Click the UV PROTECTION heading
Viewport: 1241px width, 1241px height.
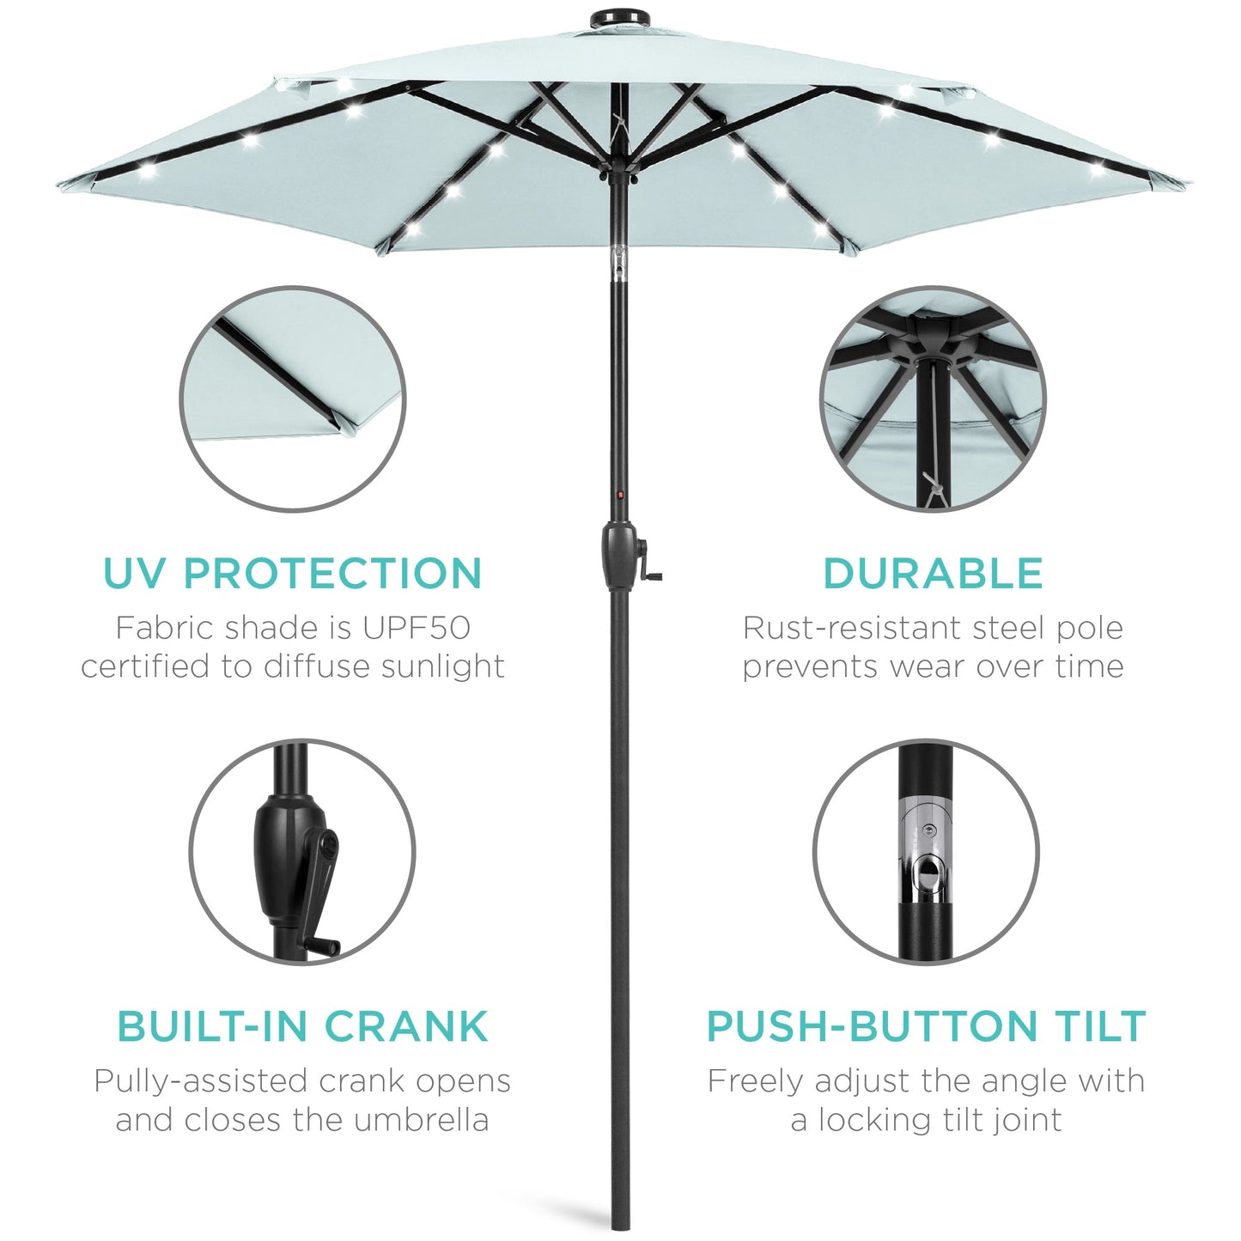pyautogui.click(x=292, y=574)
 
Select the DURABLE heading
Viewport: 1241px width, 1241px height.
pyautogui.click(x=933, y=574)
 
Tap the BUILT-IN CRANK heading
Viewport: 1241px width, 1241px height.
pyautogui.click(x=302, y=1026)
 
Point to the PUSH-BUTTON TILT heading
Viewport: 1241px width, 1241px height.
pyautogui.click(x=926, y=1026)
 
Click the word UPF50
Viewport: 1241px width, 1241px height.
pyautogui.click(x=416, y=628)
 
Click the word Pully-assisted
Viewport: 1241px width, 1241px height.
pyautogui.click(x=201, y=1081)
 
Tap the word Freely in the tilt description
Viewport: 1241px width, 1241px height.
pyautogui.click(x=756, y=1081)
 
